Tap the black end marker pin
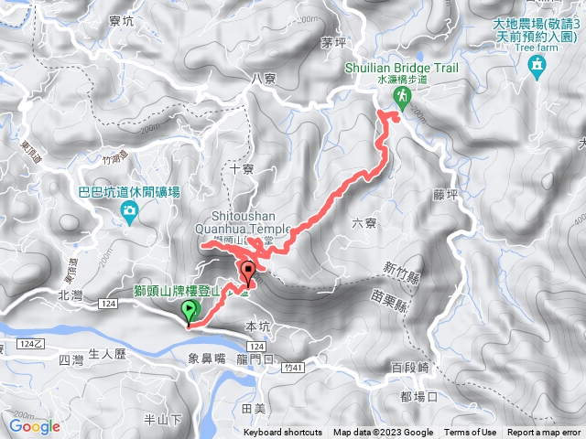248,273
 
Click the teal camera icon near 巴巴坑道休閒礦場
129,213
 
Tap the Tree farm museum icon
537,66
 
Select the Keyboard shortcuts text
283,433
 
